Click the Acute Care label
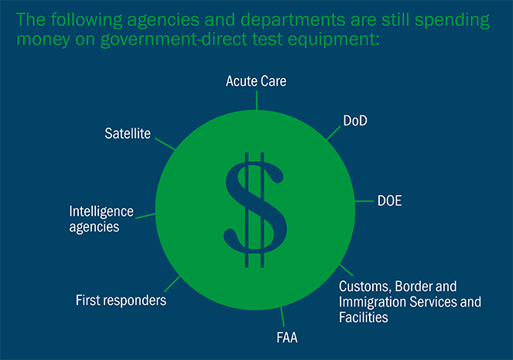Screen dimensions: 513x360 (x=256, y=81)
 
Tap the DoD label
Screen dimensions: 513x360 (x=355, y=121)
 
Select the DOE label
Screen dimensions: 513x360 (x=389, y=201)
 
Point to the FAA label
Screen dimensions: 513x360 (x=287, y=338)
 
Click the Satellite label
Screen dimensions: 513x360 (x=128, y=133)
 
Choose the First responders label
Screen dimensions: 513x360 (x=121, y=300)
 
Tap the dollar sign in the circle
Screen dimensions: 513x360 (x=255, y=210)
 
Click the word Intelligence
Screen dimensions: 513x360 (x=101, y=212)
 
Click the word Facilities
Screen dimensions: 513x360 (x=364, y=317)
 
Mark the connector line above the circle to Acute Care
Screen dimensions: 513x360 (x=257, y=101)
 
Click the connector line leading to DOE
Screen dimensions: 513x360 (x=364, y=201)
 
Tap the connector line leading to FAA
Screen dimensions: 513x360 (x=282, y=317)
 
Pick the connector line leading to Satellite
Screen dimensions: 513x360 (x=166, y=144)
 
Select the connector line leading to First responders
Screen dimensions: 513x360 (x=172, y=284)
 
